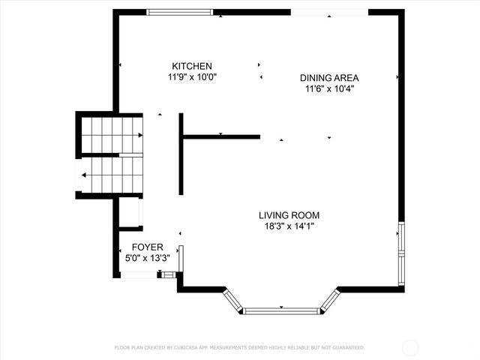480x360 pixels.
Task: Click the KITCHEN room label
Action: coord(191,66)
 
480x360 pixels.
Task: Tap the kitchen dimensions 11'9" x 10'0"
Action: coord(191,77)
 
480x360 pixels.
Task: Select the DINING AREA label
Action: coord(329,77)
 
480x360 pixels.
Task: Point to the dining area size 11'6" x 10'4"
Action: coord(329,88)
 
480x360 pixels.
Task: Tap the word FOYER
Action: coord(148,247)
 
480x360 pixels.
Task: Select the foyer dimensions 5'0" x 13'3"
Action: coord(148,258)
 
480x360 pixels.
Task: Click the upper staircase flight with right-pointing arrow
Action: coord(111,135)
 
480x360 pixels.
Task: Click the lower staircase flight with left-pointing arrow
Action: coord(111,175)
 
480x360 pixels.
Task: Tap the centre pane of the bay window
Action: coord(282,310)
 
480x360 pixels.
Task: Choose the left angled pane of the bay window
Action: coord(232,301)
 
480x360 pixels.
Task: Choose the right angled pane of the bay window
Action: coord(330,301)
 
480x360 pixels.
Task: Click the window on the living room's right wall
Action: coord(401,240)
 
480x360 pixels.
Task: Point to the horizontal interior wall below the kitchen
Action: coord(221,136)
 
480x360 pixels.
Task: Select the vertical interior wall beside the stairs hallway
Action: coord(181,154)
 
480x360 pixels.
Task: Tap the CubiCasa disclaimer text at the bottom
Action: coord(239,347)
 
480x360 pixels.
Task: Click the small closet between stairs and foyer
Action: coord(130,213)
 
